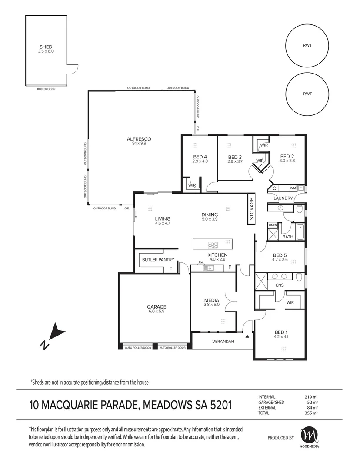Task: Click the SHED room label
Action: (46, 47)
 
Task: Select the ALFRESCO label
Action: (139, 139)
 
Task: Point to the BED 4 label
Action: (200, 157)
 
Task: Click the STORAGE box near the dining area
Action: (252, 208)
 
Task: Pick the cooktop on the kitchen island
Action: (213, 245)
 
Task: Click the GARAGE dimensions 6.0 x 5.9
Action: (157, 312)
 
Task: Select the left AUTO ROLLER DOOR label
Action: (138, 348)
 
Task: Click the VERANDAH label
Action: (223, 342)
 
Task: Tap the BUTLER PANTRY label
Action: (158, 260)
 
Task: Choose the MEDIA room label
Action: (212, 300)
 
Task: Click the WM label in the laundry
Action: (293, 188)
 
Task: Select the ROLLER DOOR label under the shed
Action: (46, 89)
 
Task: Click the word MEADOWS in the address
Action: (167, 405)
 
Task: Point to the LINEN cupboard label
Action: (273, 225)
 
